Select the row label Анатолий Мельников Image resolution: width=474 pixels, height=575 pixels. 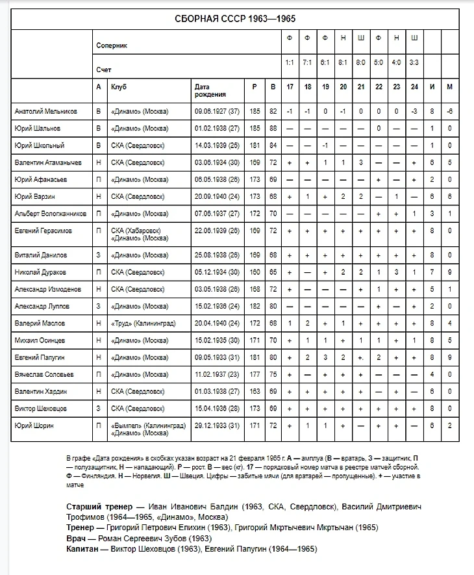[45, 111]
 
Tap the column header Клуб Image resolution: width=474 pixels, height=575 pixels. [118, 86]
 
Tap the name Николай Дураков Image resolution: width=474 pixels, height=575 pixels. [40, 272]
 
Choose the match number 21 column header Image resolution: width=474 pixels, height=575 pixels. [361, 86]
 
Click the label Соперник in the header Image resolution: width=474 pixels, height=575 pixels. [112, 46]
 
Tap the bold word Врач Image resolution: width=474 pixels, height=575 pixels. [77, 538]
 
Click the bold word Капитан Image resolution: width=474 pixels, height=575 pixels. [83, 549]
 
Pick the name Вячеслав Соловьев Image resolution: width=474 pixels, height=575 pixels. [44, 374]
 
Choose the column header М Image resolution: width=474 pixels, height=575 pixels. [449, 86]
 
